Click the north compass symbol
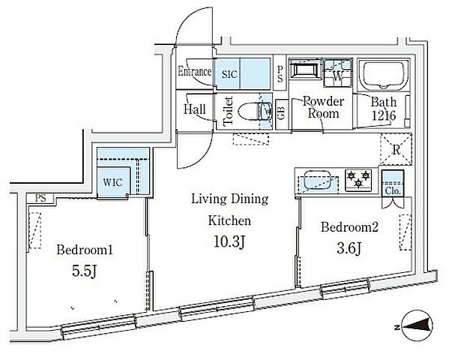417,327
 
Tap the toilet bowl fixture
249,111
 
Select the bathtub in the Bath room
383,73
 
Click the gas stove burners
358,178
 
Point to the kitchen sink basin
316,179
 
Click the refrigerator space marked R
396,149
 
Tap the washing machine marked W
338,73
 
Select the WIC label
112,182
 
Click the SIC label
229,74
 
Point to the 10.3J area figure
229,242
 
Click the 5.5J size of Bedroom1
84,271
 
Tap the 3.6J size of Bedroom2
349,248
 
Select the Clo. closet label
393,190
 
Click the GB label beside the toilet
280,113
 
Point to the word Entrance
195,71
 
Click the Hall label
195,109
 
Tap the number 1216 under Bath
384,115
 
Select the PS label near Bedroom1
40,198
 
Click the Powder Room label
324,107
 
